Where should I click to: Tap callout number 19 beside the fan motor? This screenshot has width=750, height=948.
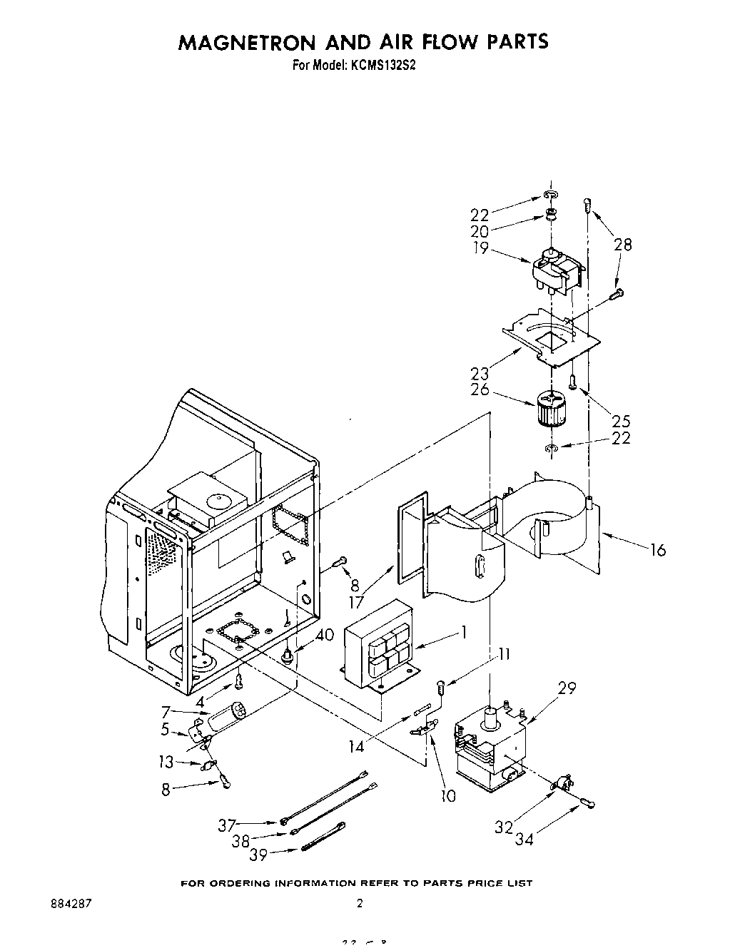pyautogui.click(x=480, y=248)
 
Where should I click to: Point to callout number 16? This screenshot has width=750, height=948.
pyautogui.click(x=657, y=549)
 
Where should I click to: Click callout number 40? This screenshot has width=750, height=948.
pyautogui.click(x=325, y=634)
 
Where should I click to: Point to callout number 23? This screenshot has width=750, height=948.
pyautogui.click(x=480, y=373)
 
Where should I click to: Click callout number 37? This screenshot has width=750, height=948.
pyautogui.click(x=227, y=825)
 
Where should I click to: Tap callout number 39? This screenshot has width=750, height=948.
pyautogui.click(x=258, y=854)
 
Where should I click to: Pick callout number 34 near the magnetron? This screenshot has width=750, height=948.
pyautogui.click(x=525, y=840)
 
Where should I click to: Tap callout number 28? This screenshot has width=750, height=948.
pyautogui.click(x=622, y=245)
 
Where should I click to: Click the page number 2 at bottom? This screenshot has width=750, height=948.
pyautogui.click(x=360, y=902)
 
